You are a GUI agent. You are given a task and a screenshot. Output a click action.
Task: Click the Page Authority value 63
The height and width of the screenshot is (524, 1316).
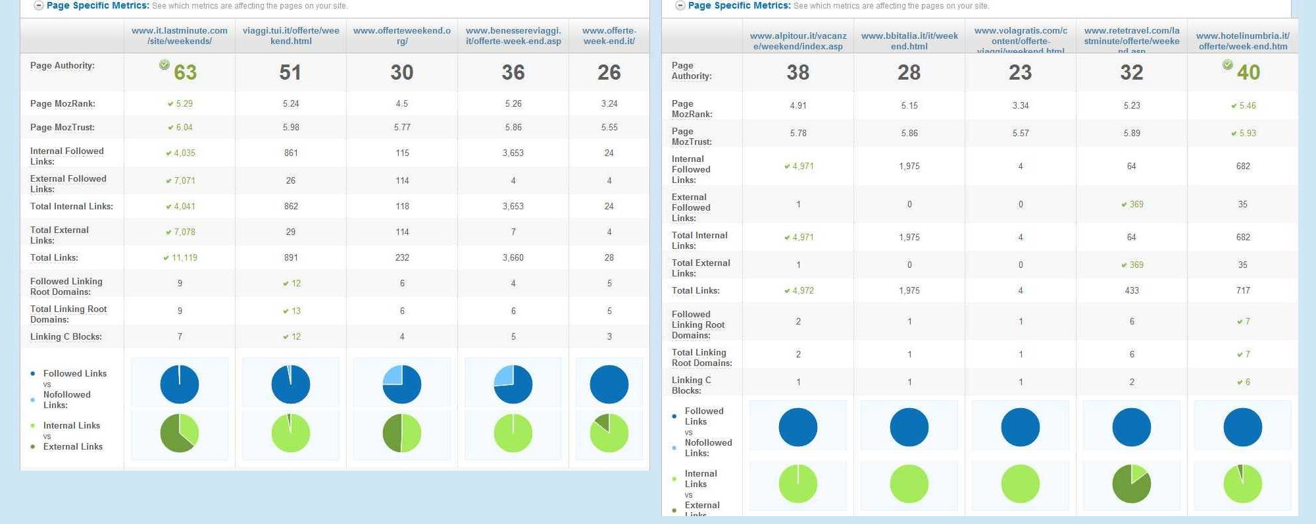tap(185, 72)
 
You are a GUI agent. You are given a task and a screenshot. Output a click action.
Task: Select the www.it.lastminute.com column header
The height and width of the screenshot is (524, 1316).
tap(180, 36)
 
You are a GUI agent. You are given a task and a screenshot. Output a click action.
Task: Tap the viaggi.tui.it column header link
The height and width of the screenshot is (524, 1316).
tap(291, 36)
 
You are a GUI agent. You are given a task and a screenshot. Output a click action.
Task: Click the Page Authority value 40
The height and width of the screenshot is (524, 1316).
tap(1248, 72)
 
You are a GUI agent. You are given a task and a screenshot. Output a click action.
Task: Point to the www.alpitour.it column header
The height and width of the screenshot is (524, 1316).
tap(798, 41)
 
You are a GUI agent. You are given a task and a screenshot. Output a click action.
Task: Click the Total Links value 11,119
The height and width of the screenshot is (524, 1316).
tap(184, 257)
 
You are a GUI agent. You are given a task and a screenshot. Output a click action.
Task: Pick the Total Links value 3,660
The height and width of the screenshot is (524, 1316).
tap(513, 257)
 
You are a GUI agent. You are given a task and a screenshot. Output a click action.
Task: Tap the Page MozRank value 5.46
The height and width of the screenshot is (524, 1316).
tap(1247, 105)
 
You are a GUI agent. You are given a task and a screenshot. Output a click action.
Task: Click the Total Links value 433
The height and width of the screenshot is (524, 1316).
tap(1132, 290)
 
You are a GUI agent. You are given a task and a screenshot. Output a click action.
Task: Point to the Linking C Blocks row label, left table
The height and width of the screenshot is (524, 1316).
tap(66, 336)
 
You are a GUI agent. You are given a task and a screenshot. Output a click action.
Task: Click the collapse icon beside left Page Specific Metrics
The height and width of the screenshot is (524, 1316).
tap(39, 6)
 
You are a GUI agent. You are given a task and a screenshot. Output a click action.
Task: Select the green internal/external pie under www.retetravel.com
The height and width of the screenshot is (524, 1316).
tap(1132, 484)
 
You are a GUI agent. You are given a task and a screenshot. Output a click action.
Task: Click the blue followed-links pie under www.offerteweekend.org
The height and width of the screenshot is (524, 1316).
tap(402, 384)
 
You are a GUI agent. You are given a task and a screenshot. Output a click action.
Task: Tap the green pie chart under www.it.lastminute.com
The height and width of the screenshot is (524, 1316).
tap(180, 433)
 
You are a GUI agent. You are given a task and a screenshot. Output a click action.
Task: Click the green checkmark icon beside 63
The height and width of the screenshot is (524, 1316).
tap(164, 65)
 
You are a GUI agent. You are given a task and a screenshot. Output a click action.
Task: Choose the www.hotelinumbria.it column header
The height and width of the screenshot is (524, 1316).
tap(1243, 41)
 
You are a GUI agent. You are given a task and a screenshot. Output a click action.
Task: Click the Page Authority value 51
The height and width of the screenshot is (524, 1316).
tap(290, 72)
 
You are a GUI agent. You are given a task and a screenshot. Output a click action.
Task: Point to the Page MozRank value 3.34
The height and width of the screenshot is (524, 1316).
tap(1021, 105)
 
